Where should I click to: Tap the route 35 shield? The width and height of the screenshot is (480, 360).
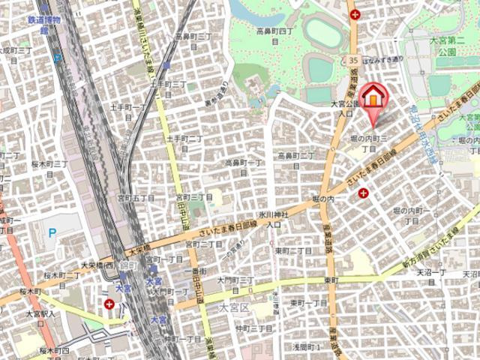coord(352,59)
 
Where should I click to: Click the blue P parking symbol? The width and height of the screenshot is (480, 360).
coord(52,232)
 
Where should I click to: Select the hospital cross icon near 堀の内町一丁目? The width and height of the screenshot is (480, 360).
coord(363,193)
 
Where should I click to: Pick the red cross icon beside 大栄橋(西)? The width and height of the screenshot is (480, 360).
coord(110,304)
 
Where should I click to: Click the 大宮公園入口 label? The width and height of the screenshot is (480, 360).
coord(342,109)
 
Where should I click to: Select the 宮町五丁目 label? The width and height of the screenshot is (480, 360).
coord(136,197)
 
